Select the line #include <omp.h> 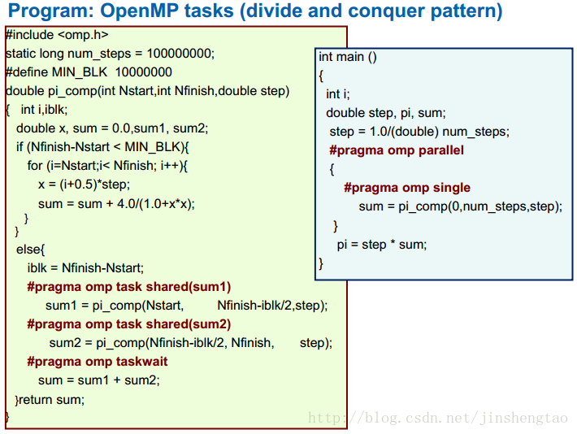point(57,35)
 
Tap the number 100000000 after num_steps point(179,54)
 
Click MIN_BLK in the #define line point(80,72)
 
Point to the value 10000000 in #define point(144,72)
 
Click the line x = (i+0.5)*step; point(84,184)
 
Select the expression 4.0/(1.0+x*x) point(154,203)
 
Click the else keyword point(28,250)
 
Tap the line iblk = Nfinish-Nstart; point(85,268)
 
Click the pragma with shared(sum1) point(128,287)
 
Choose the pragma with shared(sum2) point(128,324)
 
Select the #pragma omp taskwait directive point(98,362)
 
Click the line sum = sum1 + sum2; point(99,380)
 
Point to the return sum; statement point(51,400)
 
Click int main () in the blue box point(347,57)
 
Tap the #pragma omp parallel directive point(397,150)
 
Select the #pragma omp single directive point(407,188)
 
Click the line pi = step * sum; point(382,245)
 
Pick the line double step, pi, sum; point(386,113)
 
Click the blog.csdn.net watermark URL point(438,418)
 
